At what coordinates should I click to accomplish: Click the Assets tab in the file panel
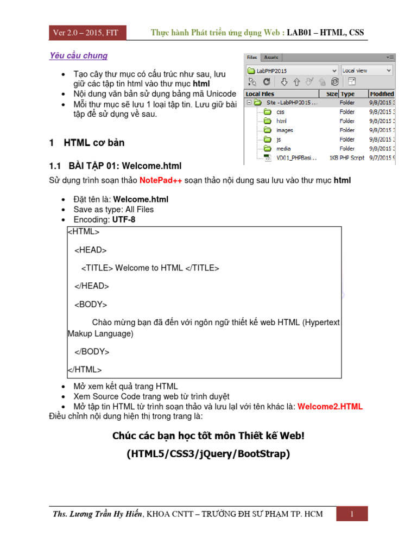pos(271,57)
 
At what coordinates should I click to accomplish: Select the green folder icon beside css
pos(267,112)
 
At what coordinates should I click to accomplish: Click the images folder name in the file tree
pos(285,130)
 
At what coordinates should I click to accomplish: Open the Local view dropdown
pos(367,71)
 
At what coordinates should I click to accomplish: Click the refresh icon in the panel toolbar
pos(267,82)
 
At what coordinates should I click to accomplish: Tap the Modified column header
pos(382,94)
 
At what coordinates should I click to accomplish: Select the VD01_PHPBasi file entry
pos(298,158)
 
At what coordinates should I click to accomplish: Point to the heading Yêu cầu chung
pos(78,55)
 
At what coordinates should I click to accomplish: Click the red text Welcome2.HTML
pos(330,407)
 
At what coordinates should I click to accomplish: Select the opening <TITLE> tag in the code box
pos(97,268)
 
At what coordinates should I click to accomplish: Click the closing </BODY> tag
pos(92,351)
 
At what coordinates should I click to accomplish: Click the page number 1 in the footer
pos(352,514)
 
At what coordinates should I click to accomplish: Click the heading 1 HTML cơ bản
pos(87,143)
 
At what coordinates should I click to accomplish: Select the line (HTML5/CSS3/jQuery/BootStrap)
pos(208,454)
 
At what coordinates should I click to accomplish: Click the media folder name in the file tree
pos(283,149)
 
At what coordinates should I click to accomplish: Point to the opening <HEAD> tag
pos(91,250)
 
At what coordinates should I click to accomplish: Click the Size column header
pos(332,94)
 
